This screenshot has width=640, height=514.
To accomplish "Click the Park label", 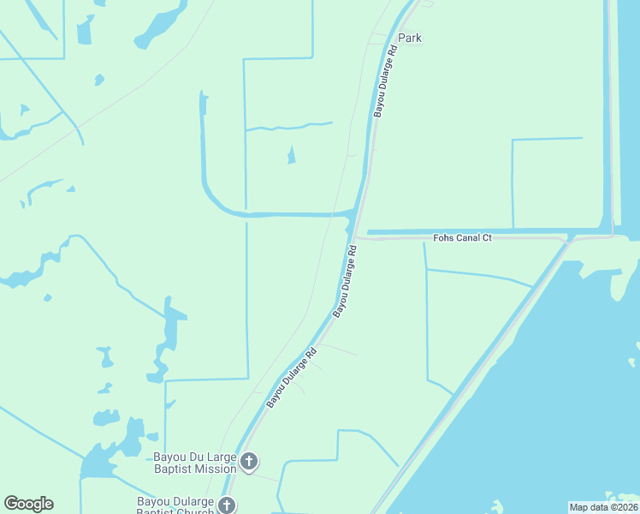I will coord(410,39).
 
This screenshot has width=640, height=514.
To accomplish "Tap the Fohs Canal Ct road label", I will coord(463,237).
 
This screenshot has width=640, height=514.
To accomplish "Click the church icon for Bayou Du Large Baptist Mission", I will coord(249,463).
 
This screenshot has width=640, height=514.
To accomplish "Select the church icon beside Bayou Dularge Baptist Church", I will coord(227,505).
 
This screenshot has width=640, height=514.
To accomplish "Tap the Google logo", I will coord(28,504).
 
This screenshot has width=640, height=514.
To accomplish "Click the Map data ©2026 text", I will coord(603,506).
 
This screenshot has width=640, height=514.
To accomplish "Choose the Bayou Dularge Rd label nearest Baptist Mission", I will coord(291,377).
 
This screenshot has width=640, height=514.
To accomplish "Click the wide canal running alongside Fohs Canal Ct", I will coord(479,230).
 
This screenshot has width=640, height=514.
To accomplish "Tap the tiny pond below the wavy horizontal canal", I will coord(291,155).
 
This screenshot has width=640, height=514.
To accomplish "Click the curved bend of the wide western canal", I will coord(214,201).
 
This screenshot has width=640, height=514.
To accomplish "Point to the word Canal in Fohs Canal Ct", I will coord(467,237).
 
